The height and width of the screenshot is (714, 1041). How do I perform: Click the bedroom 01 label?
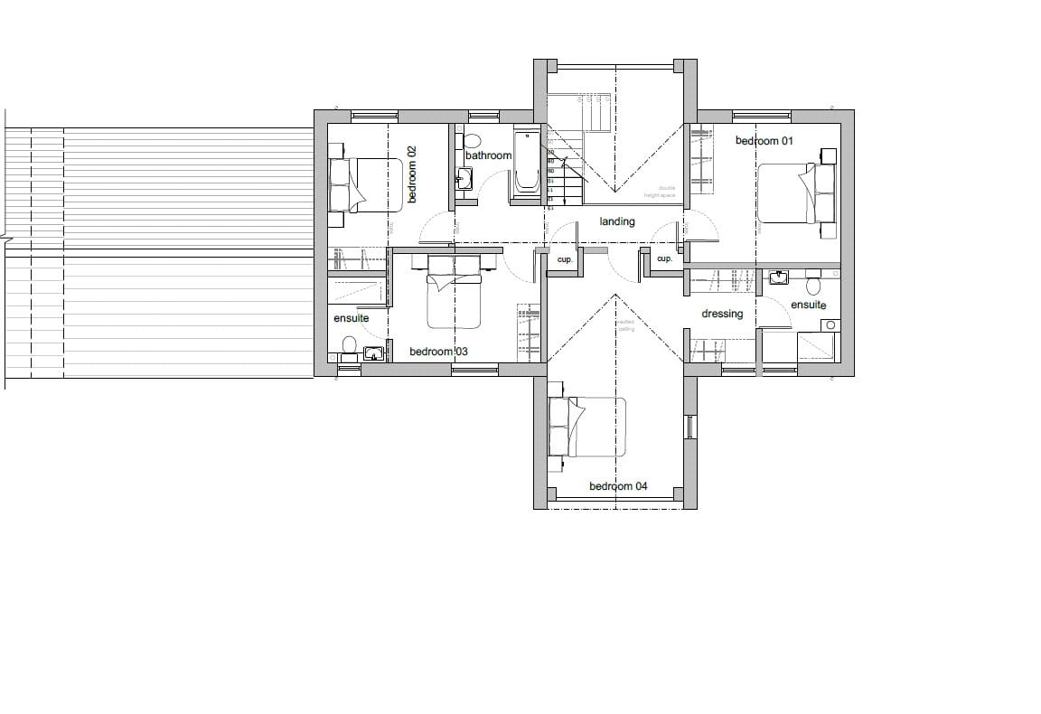[x=764, y=141]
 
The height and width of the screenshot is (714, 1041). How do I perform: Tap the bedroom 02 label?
[x=411, y=174]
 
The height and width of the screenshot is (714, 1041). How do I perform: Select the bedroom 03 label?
[x=438, y=352]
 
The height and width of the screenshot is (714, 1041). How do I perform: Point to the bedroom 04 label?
[x=618, y=486]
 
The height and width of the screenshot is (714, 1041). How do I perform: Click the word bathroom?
[x=488, y=155]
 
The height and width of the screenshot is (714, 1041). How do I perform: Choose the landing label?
[x=617, y=221]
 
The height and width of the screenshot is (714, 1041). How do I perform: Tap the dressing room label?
[x=722, y=314]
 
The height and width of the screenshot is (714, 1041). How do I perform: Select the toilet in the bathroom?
[x=471, y=141]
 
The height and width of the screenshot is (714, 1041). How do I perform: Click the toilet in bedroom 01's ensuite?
[x=812, y=286]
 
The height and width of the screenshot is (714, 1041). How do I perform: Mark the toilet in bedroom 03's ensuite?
[x=349, y=344]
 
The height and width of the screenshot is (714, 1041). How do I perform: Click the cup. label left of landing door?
[x=566, y=259]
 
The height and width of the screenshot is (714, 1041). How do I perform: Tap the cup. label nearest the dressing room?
[x=664, y=259]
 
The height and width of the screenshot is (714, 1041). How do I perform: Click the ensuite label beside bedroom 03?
[x=351, y=319]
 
